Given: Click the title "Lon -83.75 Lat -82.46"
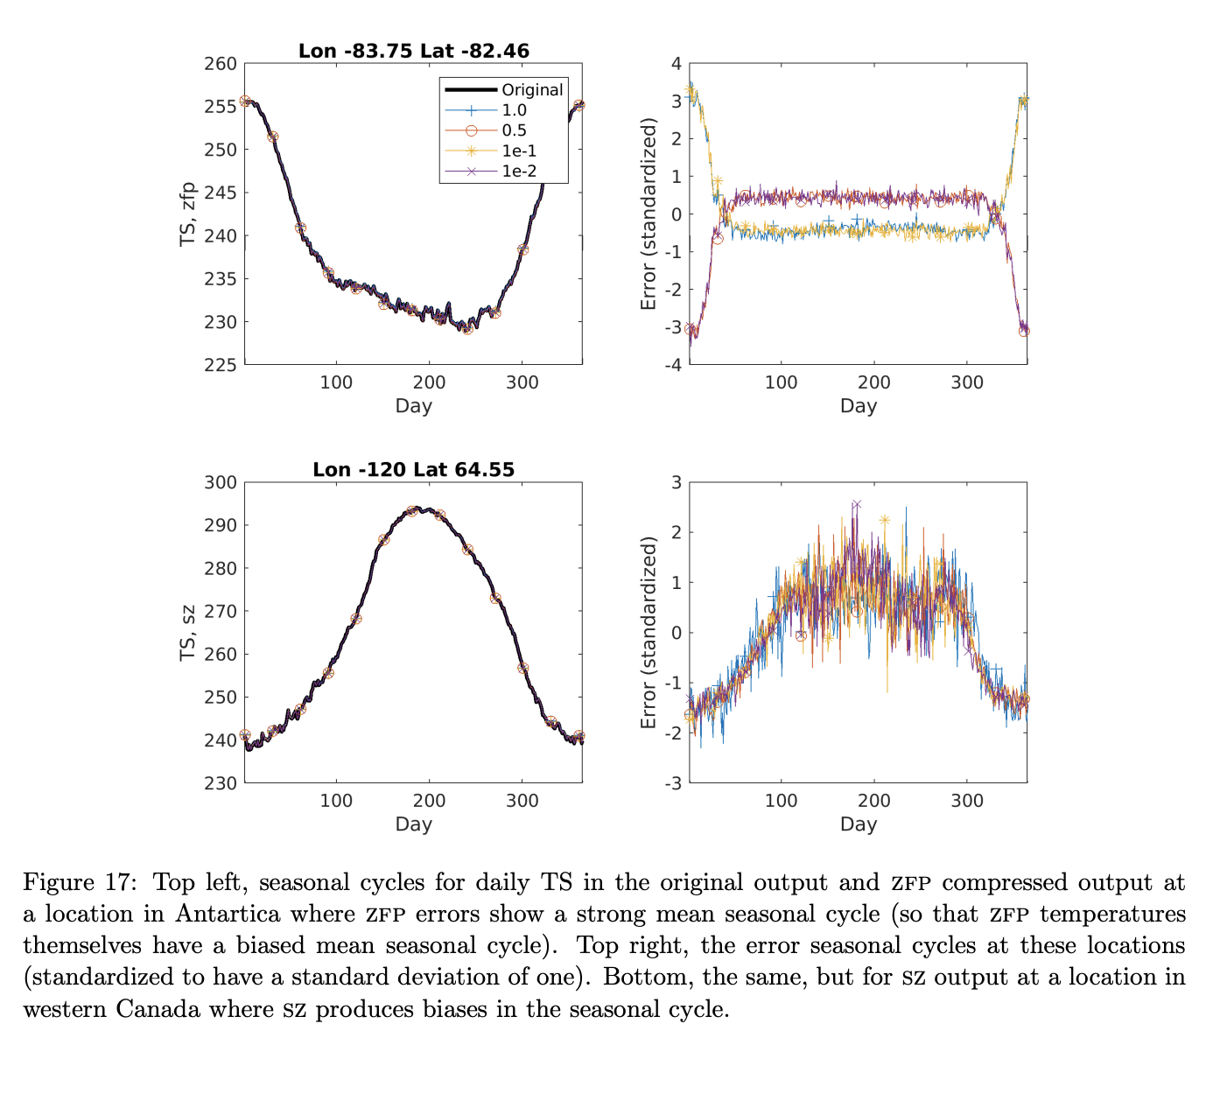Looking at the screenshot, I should [413, 51].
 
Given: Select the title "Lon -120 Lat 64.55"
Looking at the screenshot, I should [413, 470].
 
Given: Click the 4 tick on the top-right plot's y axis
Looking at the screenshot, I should [676, 64].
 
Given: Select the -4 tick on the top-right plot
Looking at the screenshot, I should [672, 364].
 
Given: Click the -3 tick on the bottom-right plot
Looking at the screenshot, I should [672, 782].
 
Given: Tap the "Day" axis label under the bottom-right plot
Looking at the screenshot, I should [858, 824].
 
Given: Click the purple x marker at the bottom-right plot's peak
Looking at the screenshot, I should [856, 505].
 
